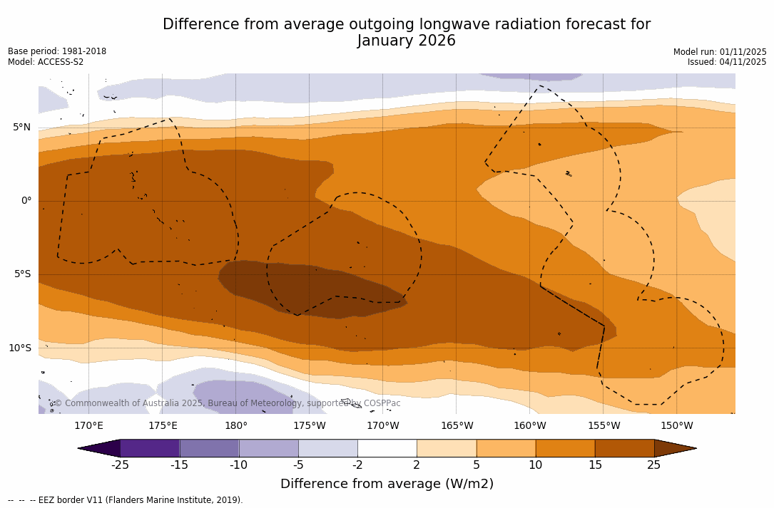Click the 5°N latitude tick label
(x=21, y=128)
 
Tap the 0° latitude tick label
(x=26, y=201)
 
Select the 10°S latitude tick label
(x=19, y=348)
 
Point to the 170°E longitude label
(x=88, y=426)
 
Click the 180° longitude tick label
(x=236, y=426)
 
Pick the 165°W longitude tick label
(x=457, y=426)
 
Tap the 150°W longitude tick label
(x=676, y=426)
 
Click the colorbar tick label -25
(x=120, y=465)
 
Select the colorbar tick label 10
(x=535, y=465)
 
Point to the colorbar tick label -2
(x=357, y=465)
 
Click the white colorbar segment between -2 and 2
(x=387, y=448)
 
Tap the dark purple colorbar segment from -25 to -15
(x=150, y=448)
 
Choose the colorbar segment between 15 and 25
(x=624, y=448)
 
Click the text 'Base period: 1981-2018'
(x=57, y=51)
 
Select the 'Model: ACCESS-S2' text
(x=46, y=62)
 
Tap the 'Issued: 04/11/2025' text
(x=727, y=62)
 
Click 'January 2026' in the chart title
(x=407, y=41)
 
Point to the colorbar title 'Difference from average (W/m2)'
(x=387, y=484)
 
